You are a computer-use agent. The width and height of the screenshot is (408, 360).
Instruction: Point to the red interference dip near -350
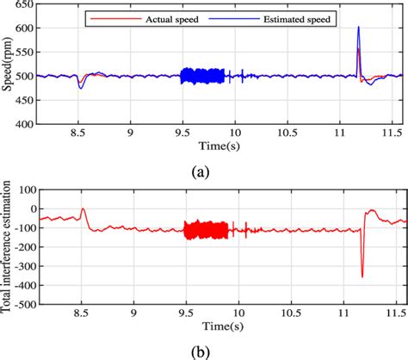pos(362,276)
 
